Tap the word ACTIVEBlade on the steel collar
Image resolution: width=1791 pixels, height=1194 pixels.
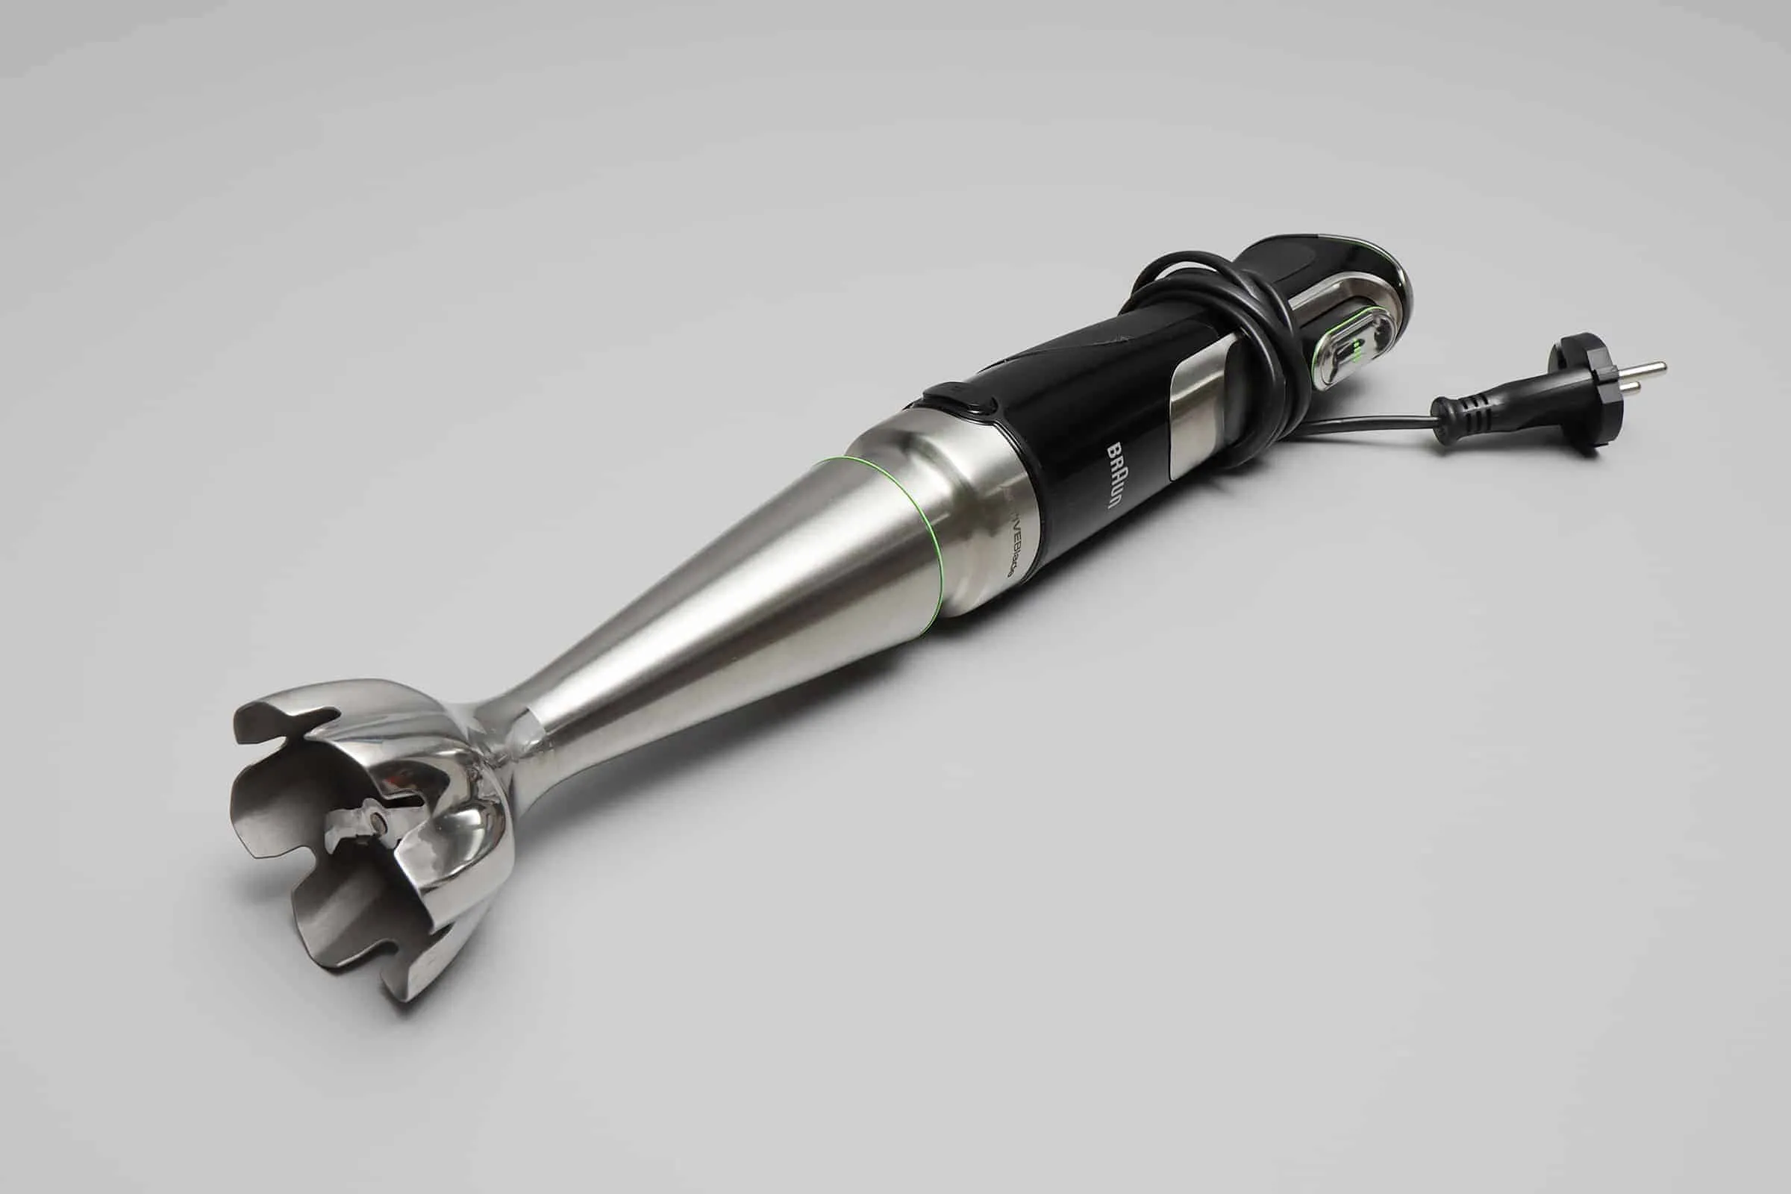click(1002, 562)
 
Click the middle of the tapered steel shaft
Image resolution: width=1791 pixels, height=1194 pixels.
click(723, 625)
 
